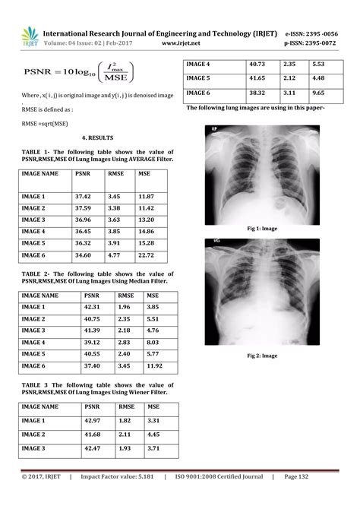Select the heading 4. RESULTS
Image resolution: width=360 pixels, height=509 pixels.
[97, 138]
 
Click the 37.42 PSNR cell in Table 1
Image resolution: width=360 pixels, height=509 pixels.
[83, 196]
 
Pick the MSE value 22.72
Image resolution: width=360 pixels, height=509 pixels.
[147, 255]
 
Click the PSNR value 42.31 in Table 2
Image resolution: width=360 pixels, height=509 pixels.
[92, 307]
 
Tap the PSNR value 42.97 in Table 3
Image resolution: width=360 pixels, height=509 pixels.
[92, 420]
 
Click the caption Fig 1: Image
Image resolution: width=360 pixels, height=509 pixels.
[263, 228]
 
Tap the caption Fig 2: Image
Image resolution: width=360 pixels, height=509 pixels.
[263, 356]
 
